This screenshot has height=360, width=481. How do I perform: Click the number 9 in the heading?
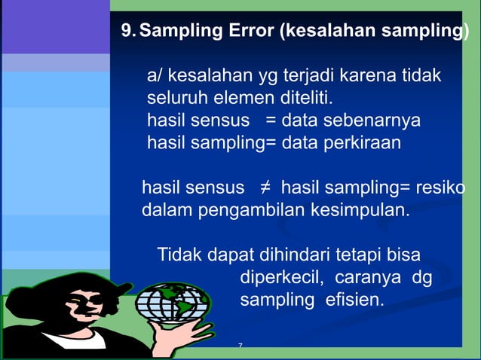coord(127,32)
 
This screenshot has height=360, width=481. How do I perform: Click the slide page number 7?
coord(240,346)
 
